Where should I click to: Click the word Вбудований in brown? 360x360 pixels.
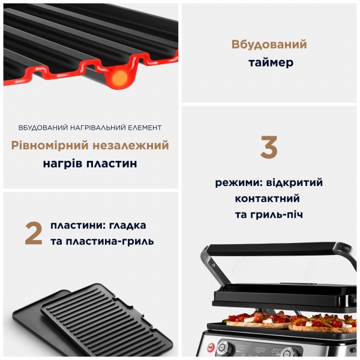coord(269,44)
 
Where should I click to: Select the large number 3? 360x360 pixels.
coord(269,148)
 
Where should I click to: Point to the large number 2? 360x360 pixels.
coord(34,234)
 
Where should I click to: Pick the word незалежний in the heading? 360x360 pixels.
coord(135,146)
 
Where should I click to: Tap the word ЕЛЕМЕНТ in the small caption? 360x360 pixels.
coord(145,128)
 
